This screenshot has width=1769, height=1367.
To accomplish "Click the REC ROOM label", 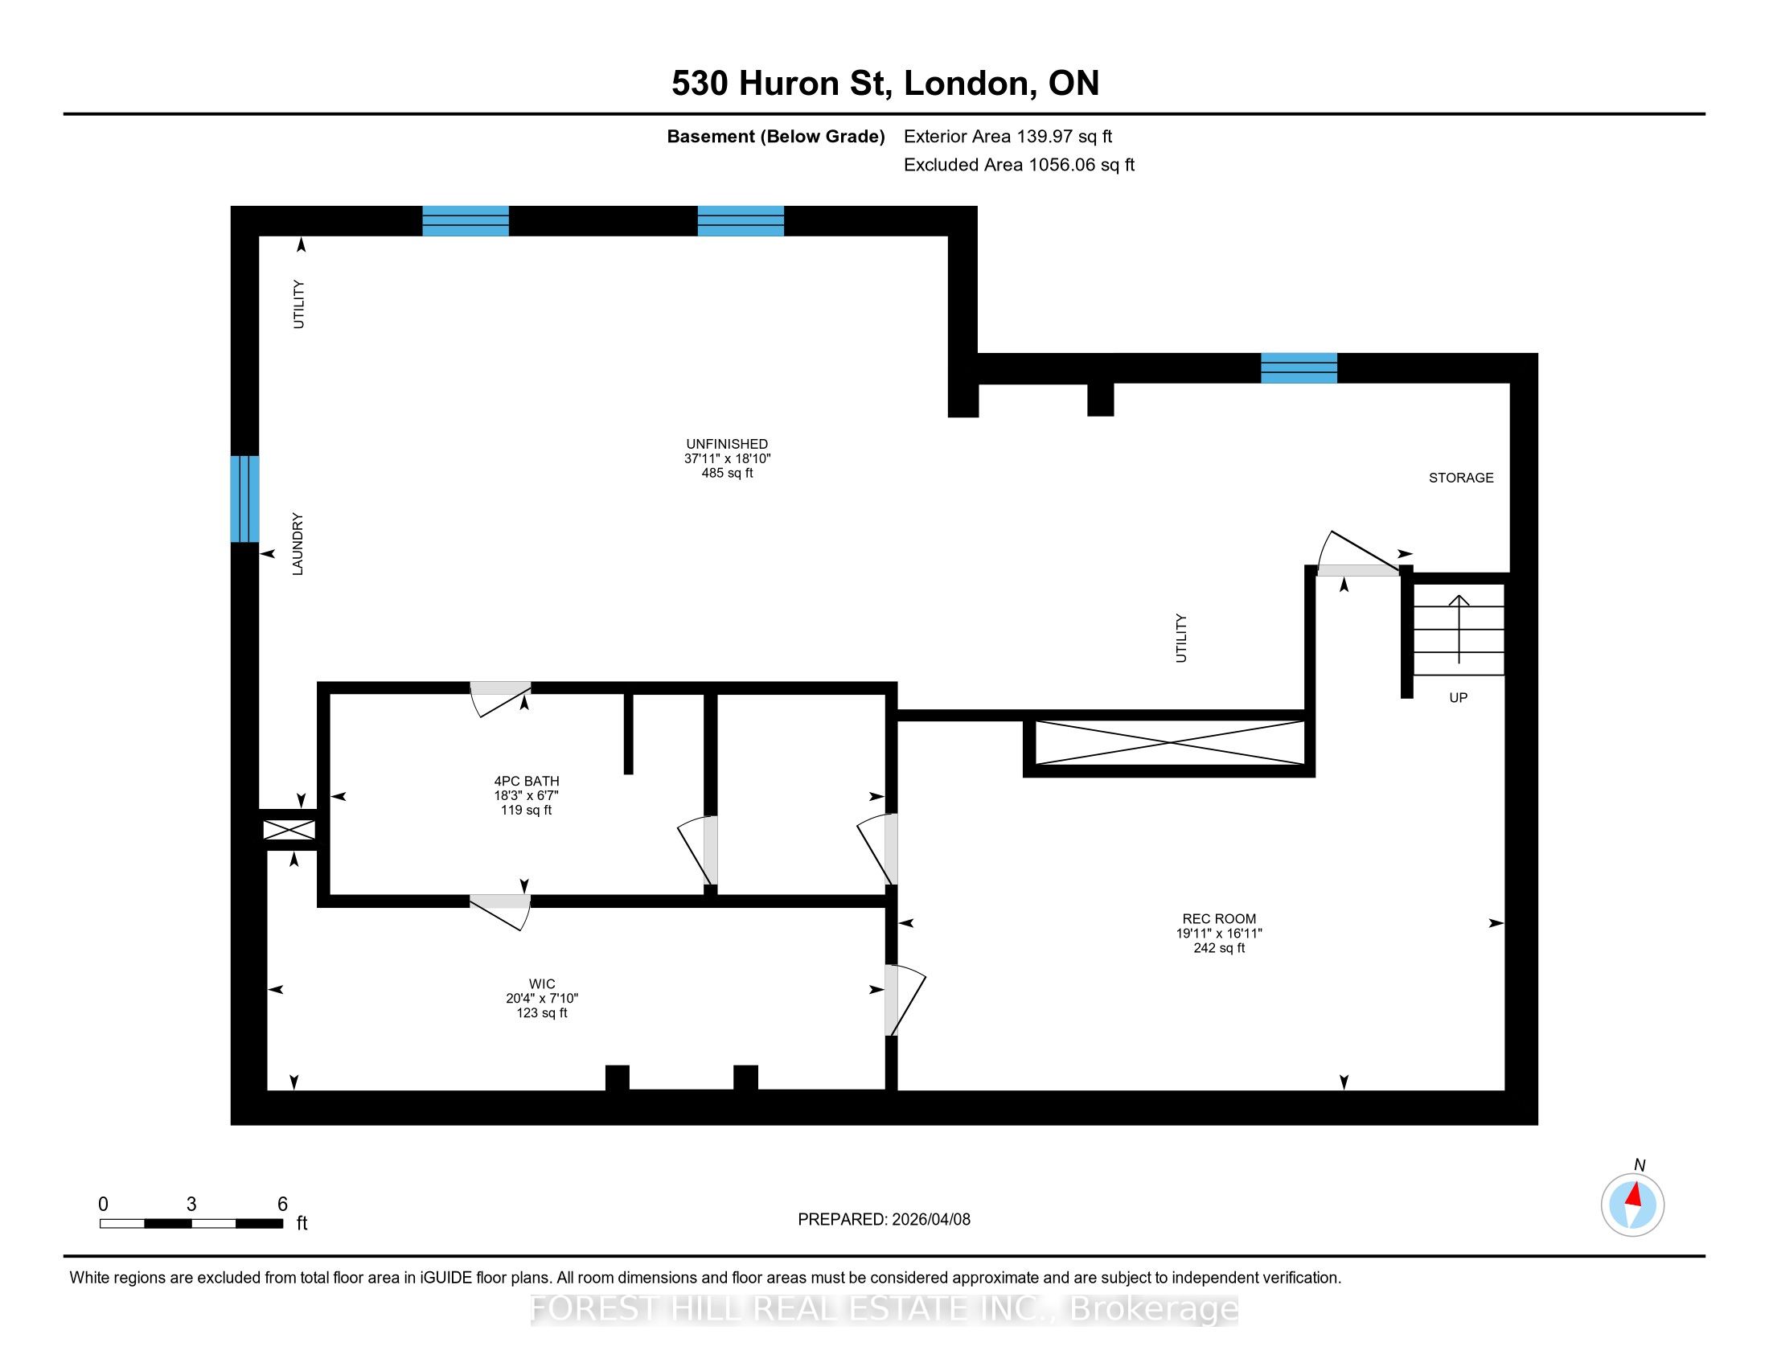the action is click(1219, 918).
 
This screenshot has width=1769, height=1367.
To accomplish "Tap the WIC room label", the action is click(542, 984).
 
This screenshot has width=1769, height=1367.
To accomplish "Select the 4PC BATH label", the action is click(527, 781).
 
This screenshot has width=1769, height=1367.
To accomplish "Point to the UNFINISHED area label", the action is click(727, 444).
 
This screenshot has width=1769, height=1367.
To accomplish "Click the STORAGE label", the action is click(1461, 478).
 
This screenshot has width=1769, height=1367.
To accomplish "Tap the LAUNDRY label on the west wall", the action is click(298, 544).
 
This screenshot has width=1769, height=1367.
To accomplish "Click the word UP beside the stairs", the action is click(1458, 697).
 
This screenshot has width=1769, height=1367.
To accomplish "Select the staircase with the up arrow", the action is click(1459, 630).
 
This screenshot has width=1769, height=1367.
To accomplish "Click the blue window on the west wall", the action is click(244, 499).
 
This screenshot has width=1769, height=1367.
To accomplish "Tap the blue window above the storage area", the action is click(1299, 367).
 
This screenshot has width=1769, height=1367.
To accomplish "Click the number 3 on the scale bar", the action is click(191, 1205).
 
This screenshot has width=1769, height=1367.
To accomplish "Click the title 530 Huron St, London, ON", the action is click(885, 83).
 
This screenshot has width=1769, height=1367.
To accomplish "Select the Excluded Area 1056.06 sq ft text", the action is click(1019, 165).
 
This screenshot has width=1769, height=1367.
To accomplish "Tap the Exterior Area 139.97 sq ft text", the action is click(1008, 136).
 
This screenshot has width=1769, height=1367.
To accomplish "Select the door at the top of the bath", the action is click(501, 697).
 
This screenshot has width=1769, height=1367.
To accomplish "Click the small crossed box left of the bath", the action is click(289, 830).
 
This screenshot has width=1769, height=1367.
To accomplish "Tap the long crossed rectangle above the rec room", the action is click(1170, 742).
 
